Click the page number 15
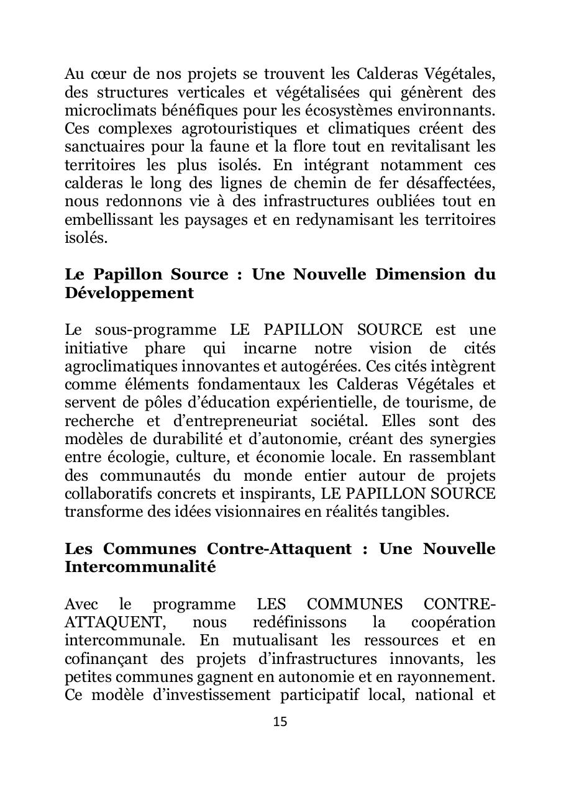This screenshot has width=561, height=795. click(x=280, y=722)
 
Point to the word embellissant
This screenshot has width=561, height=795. click(x=107, y=220)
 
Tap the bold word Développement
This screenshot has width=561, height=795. click(x=129, y=293)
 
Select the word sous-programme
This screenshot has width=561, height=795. click(x=156, y=330)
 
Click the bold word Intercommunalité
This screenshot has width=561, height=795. click(x=140, y=567)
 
